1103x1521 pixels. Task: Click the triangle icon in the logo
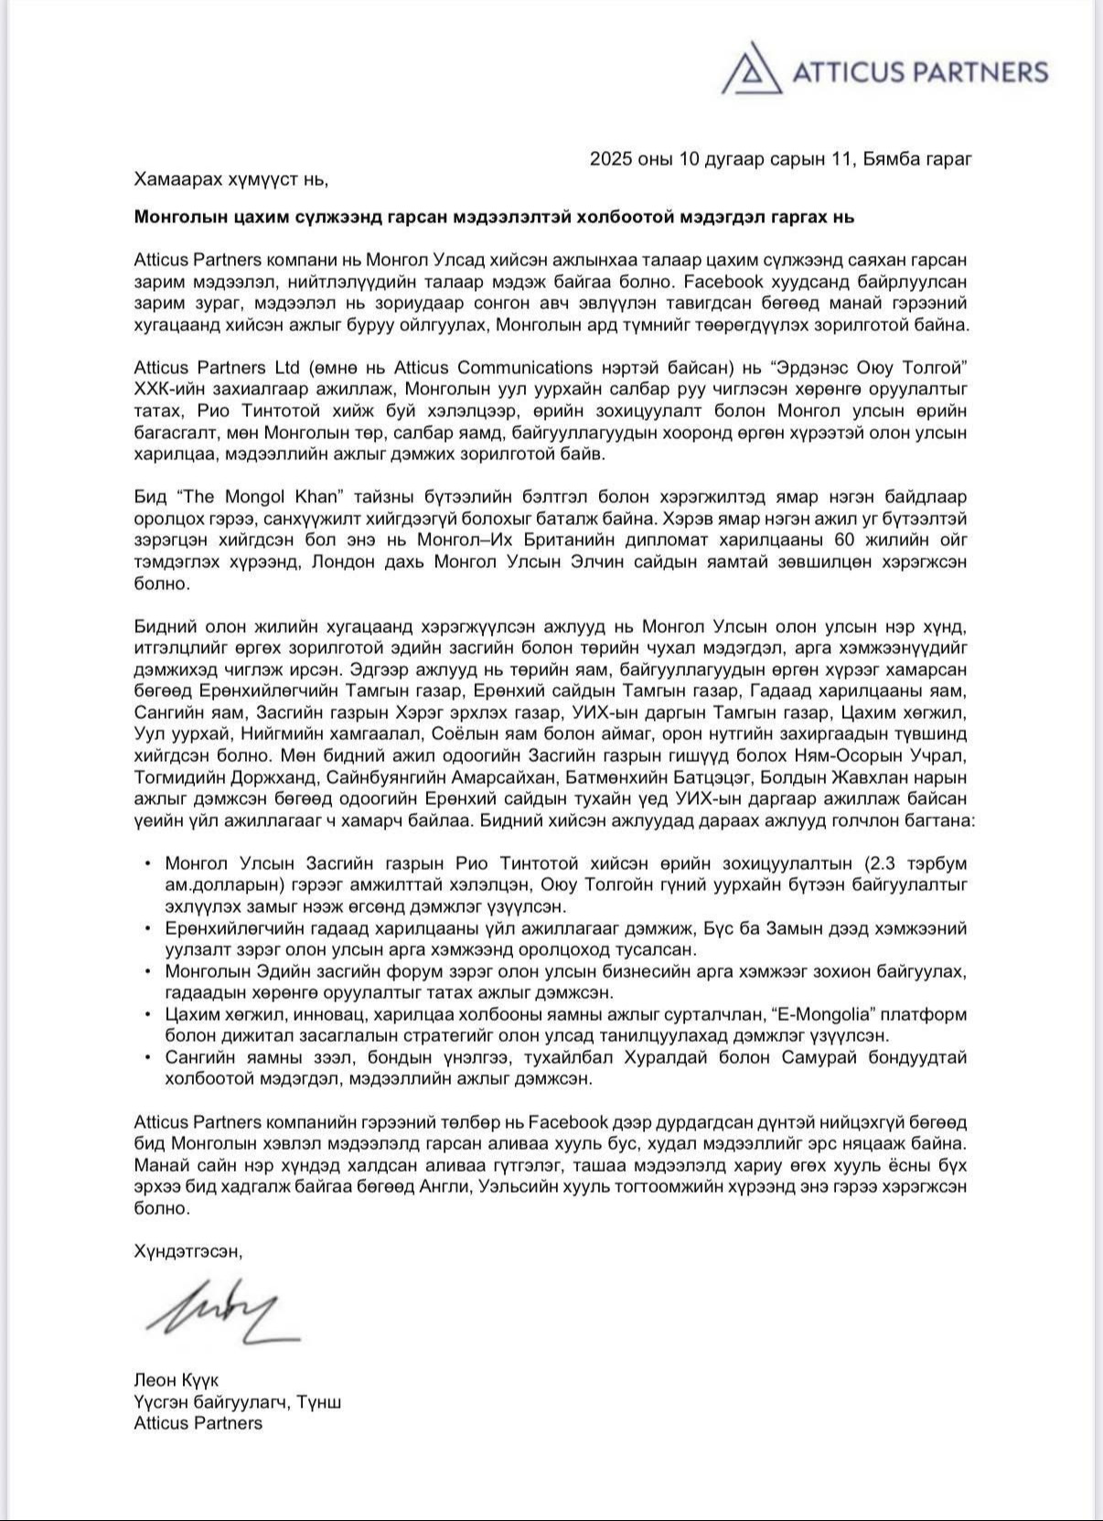752,70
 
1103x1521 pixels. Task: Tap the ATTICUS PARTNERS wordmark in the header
919,72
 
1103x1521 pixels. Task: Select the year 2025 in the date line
609,158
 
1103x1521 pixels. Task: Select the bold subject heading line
493,217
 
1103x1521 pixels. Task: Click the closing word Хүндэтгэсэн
188,1251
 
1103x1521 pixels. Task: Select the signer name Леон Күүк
177,1379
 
